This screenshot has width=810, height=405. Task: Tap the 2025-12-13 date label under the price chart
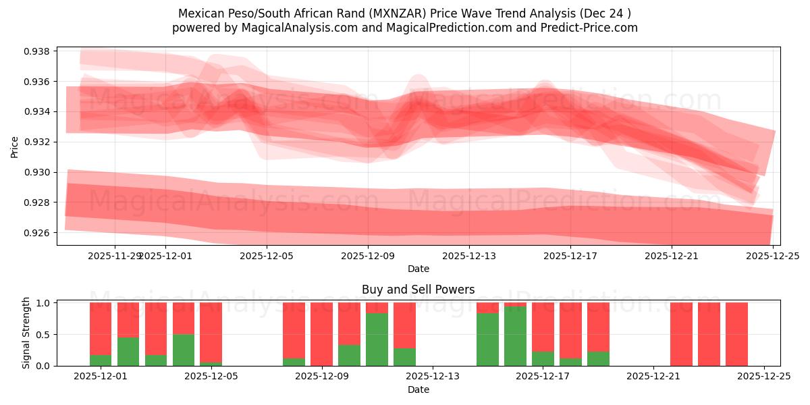(469, 256)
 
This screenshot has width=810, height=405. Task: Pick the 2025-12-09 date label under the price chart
(368, 256)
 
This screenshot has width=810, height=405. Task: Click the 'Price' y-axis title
(15, 146)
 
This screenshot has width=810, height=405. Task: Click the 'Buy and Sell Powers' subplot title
(418, 290)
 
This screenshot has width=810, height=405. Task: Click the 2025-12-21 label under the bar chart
(654, 377)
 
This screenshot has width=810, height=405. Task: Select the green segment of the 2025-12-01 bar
(101, 360)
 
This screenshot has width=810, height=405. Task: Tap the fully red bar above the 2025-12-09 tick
(321, 334)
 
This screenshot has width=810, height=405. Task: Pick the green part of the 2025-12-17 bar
(543, 358)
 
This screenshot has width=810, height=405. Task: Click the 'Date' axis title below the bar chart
(418, 389)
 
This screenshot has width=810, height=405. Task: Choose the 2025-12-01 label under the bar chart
(101, 377)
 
